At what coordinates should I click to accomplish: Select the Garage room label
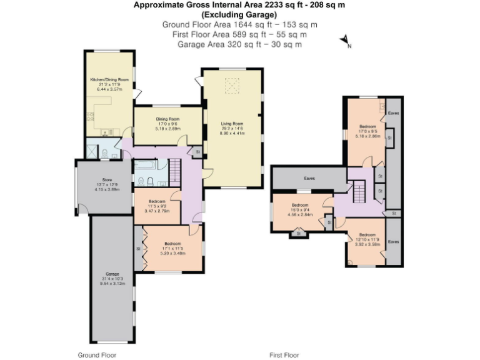(112, 274)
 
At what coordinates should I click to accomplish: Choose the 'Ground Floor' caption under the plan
(97, 355)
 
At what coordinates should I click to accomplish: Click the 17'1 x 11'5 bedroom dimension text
(172, 249)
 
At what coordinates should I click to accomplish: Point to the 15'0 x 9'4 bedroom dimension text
(300, 210)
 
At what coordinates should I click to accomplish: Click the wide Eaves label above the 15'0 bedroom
(309, 178)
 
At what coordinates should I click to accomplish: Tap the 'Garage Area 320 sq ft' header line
(239, 44)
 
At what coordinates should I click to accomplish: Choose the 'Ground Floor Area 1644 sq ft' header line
(239, 24)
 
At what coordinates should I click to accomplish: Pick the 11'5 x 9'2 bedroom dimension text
(157, 207)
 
